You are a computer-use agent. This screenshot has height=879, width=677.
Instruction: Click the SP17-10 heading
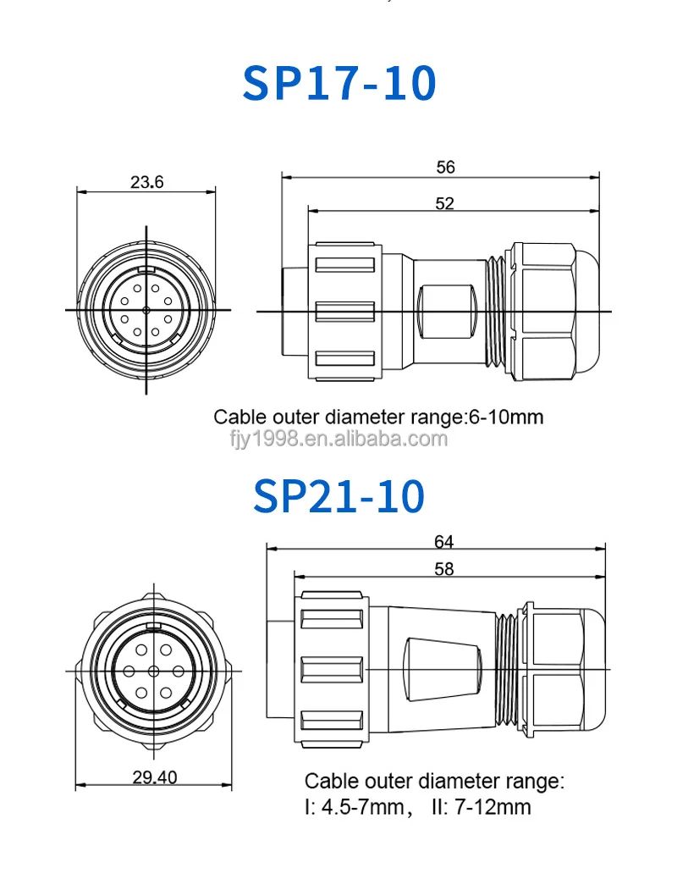pos(339,82)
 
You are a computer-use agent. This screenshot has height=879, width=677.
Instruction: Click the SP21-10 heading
pos(338,496)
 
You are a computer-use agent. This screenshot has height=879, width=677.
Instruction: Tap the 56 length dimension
pos(445,167)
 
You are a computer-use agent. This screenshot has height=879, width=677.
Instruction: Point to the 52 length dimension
pos(445,202)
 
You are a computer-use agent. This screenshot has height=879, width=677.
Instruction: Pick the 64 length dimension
pos(443,539)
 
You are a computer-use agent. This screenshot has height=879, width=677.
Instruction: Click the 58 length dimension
pos(443,569)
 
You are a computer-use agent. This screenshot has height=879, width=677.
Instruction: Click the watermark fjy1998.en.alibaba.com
pos(338,439)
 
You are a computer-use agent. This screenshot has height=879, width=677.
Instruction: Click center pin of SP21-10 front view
pos(153,670)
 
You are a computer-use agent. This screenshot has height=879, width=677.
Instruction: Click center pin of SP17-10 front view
pos(146,311)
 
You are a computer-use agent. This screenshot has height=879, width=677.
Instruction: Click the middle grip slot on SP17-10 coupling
pos(344,311)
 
